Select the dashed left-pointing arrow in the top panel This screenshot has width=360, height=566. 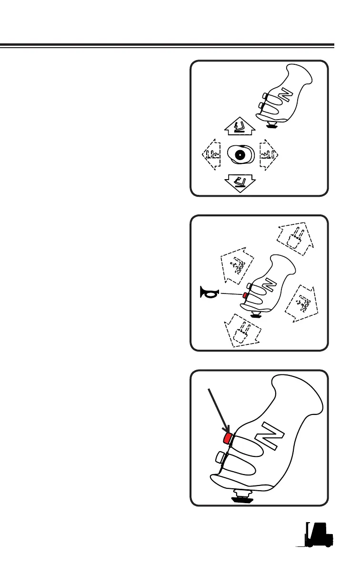tap(210, 154)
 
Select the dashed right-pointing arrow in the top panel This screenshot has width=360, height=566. tap(268, 154)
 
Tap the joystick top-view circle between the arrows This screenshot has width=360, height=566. tap(239, 154)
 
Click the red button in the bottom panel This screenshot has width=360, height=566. tap(227, 436)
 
